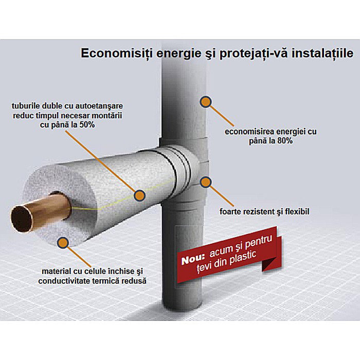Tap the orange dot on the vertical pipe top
tap(206, 101)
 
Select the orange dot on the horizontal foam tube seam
tap(139, 195)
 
